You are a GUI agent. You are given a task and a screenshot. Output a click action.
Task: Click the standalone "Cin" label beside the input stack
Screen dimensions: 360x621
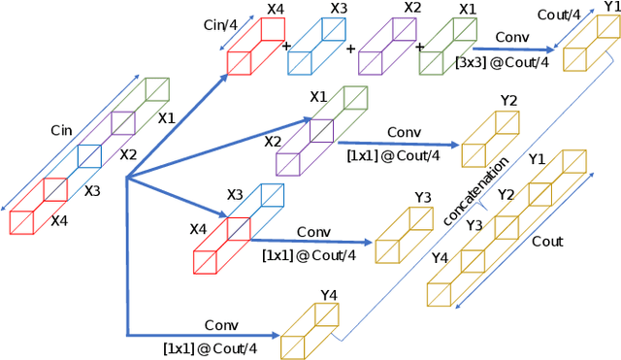[63, 128]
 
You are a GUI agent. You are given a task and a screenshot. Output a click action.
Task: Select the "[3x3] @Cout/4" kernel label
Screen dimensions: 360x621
[503, 63]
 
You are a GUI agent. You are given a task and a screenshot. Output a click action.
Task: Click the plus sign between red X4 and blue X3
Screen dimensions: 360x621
[286, 46]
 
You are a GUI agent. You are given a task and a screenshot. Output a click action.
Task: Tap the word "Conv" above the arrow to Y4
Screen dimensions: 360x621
[221, 322]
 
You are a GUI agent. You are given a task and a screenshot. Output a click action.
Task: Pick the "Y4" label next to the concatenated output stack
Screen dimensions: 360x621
[440, 257]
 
